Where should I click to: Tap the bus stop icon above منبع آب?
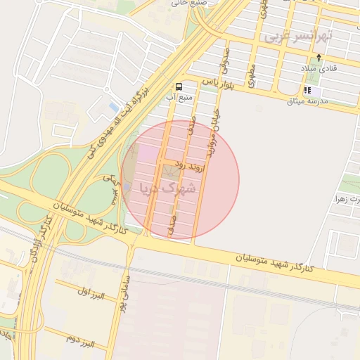[179, 86]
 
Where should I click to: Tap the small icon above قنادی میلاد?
[320, 58]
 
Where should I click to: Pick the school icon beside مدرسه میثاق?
[308, 91]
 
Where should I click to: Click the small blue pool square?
[114, 108]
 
